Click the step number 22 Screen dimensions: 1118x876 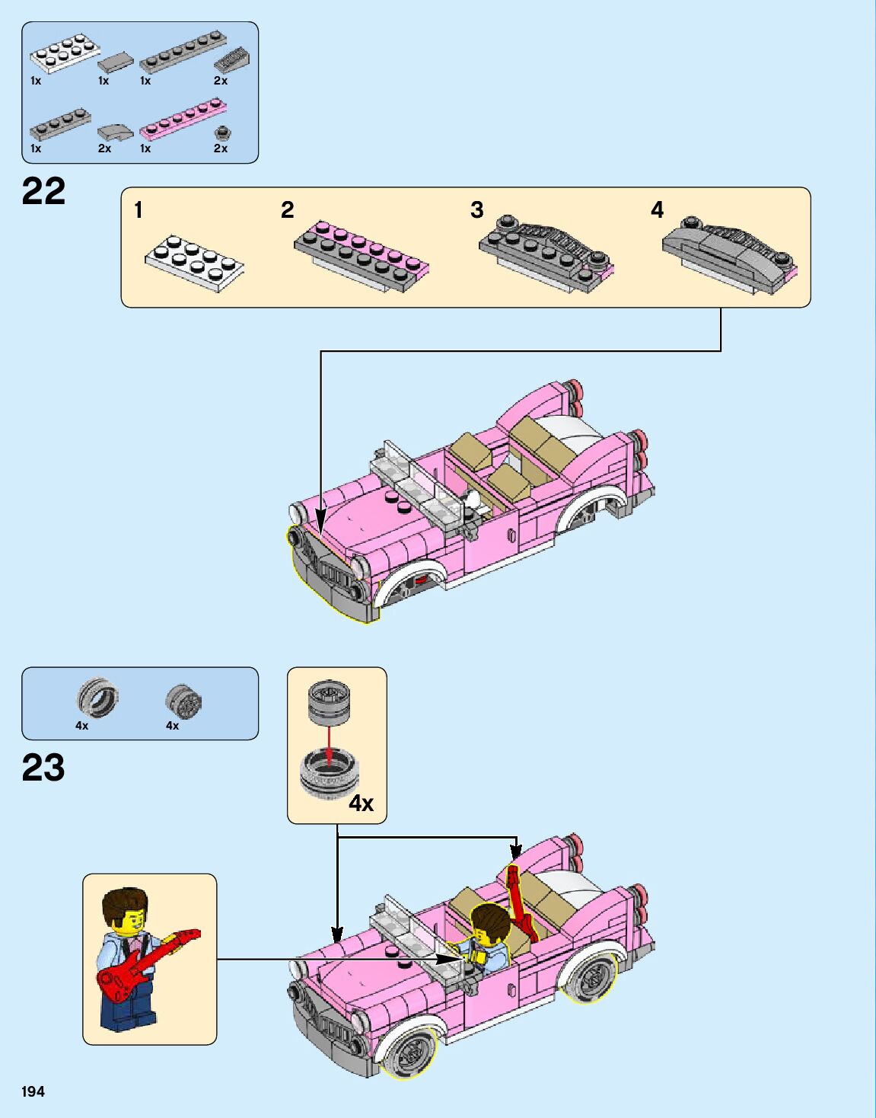(43, 191)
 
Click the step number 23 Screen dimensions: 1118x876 (43, 768)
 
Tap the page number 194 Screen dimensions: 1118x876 (33, 1091)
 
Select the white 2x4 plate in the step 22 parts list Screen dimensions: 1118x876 (64, 53)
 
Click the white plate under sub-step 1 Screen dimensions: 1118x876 (195, 263)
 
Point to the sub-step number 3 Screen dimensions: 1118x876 (476, 209)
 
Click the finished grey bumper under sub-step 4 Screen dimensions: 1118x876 (728, 255)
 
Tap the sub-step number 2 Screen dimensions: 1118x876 (287, 209)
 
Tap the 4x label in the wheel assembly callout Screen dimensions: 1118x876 (361, 803)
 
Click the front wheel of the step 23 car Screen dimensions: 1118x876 (412, 1052)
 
